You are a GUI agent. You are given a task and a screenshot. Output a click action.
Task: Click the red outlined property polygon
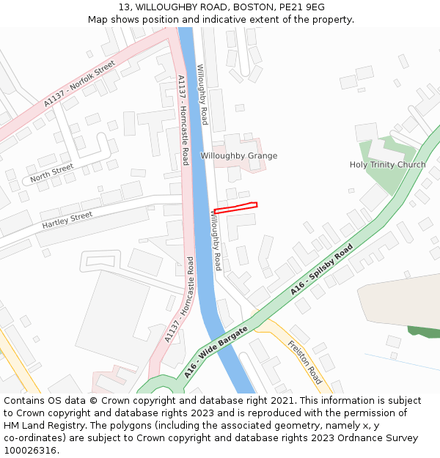235,208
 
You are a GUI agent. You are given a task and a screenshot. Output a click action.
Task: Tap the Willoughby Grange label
239,155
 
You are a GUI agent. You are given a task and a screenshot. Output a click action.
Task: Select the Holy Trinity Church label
387,165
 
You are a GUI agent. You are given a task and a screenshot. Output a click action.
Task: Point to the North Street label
52,173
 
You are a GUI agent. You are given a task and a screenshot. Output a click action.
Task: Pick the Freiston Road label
304,362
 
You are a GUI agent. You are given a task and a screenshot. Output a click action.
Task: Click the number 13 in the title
123,7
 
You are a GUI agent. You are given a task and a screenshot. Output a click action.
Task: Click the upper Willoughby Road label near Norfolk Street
202,95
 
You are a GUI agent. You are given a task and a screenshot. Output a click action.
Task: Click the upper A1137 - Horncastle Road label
183,119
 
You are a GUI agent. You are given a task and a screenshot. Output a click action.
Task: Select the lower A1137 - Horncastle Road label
180,299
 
